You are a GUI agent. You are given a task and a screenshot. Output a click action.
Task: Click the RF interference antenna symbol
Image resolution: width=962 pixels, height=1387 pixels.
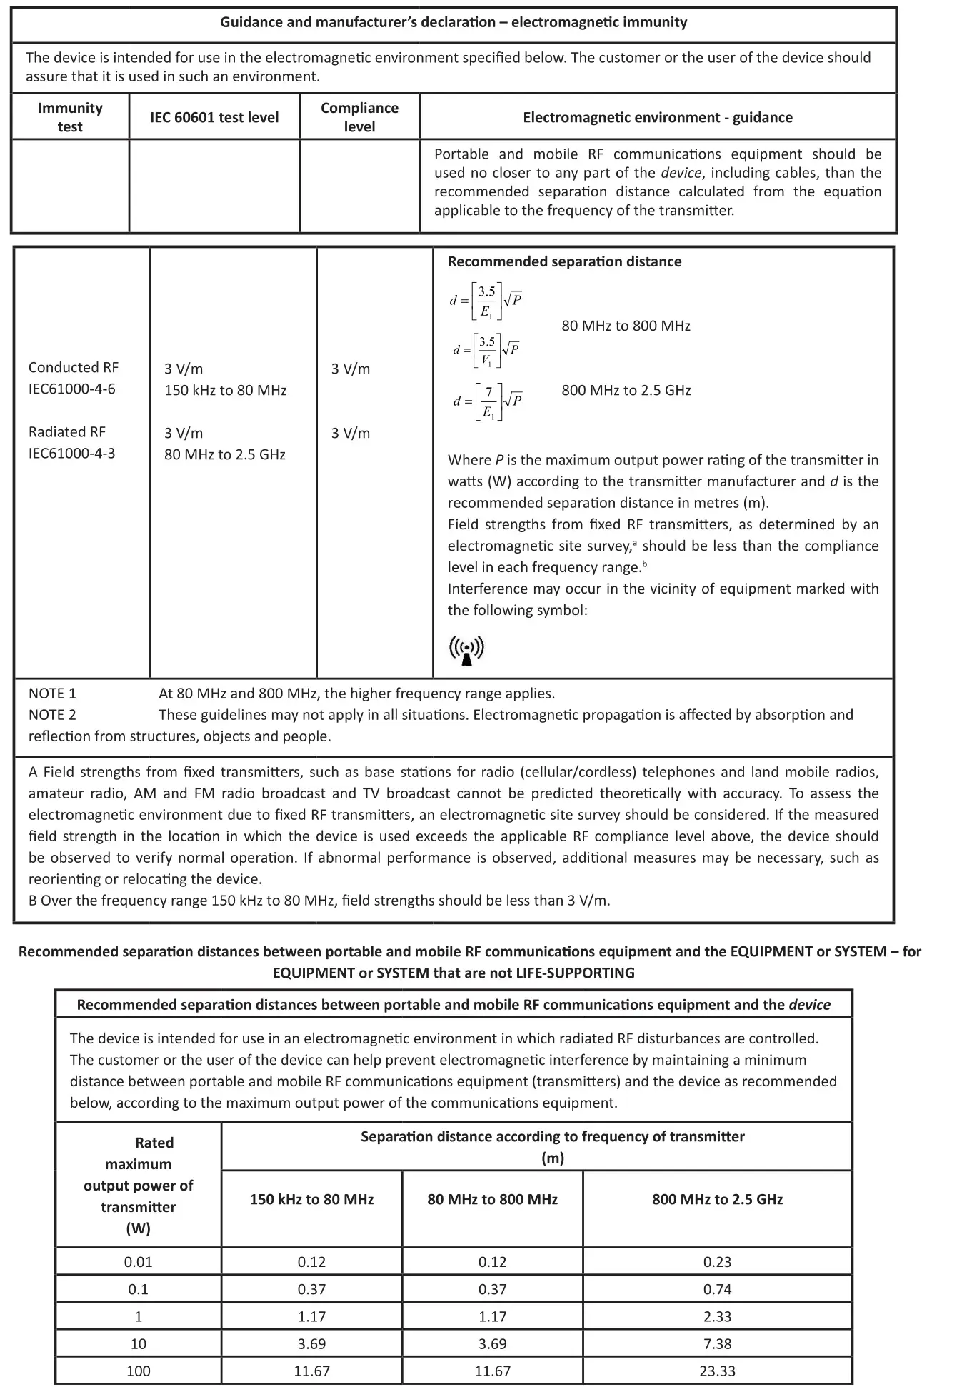(x=466, y=649)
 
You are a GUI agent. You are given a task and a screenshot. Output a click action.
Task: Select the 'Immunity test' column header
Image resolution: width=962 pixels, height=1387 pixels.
(x=70, y=117)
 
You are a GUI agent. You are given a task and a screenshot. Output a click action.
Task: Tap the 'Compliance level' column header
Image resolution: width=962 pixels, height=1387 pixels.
(x=359, y=117)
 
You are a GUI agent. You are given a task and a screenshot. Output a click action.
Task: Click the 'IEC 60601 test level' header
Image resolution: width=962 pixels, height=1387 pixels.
(x=214, y=117)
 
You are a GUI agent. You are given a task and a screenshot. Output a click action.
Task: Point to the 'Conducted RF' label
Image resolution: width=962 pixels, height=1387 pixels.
(x=74, y=367)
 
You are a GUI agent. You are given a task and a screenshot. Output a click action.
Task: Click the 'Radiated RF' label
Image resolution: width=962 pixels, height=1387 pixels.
(x=67, y=431)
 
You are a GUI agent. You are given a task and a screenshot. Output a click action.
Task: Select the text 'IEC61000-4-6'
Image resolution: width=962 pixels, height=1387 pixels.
(x=71, y=389)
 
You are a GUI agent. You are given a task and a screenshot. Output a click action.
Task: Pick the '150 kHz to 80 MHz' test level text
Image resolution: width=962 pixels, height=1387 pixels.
(x=225, y=390)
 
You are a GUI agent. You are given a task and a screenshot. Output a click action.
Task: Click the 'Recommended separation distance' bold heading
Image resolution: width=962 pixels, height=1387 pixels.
(x=564, y=261)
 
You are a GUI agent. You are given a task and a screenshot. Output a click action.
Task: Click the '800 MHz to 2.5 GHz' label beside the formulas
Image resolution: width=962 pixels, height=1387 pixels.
(x=626, y=390)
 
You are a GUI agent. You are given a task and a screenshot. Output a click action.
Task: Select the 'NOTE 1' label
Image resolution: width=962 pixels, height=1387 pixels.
(x=52, y=693)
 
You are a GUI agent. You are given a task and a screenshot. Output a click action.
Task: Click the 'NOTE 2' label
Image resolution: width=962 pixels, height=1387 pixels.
(x=52, y=714)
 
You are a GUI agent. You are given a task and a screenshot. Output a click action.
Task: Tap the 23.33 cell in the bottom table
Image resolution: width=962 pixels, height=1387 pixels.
(x=717, y=1371)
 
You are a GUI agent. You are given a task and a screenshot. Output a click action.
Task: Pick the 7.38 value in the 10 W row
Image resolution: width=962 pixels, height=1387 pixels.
(x=717, y=1343)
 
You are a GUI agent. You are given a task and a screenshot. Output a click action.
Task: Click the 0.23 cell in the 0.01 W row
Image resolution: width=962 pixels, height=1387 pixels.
(x=717, y=1261)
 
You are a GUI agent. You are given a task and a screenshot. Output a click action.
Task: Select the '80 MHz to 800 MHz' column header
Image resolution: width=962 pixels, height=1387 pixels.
(x=492, y=1199)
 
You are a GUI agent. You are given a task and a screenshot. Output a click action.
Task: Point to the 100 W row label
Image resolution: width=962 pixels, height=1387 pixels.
(x=139, y=1371)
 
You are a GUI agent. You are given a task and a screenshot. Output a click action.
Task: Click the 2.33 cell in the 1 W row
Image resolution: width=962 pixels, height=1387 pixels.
(x=717, y=1316)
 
